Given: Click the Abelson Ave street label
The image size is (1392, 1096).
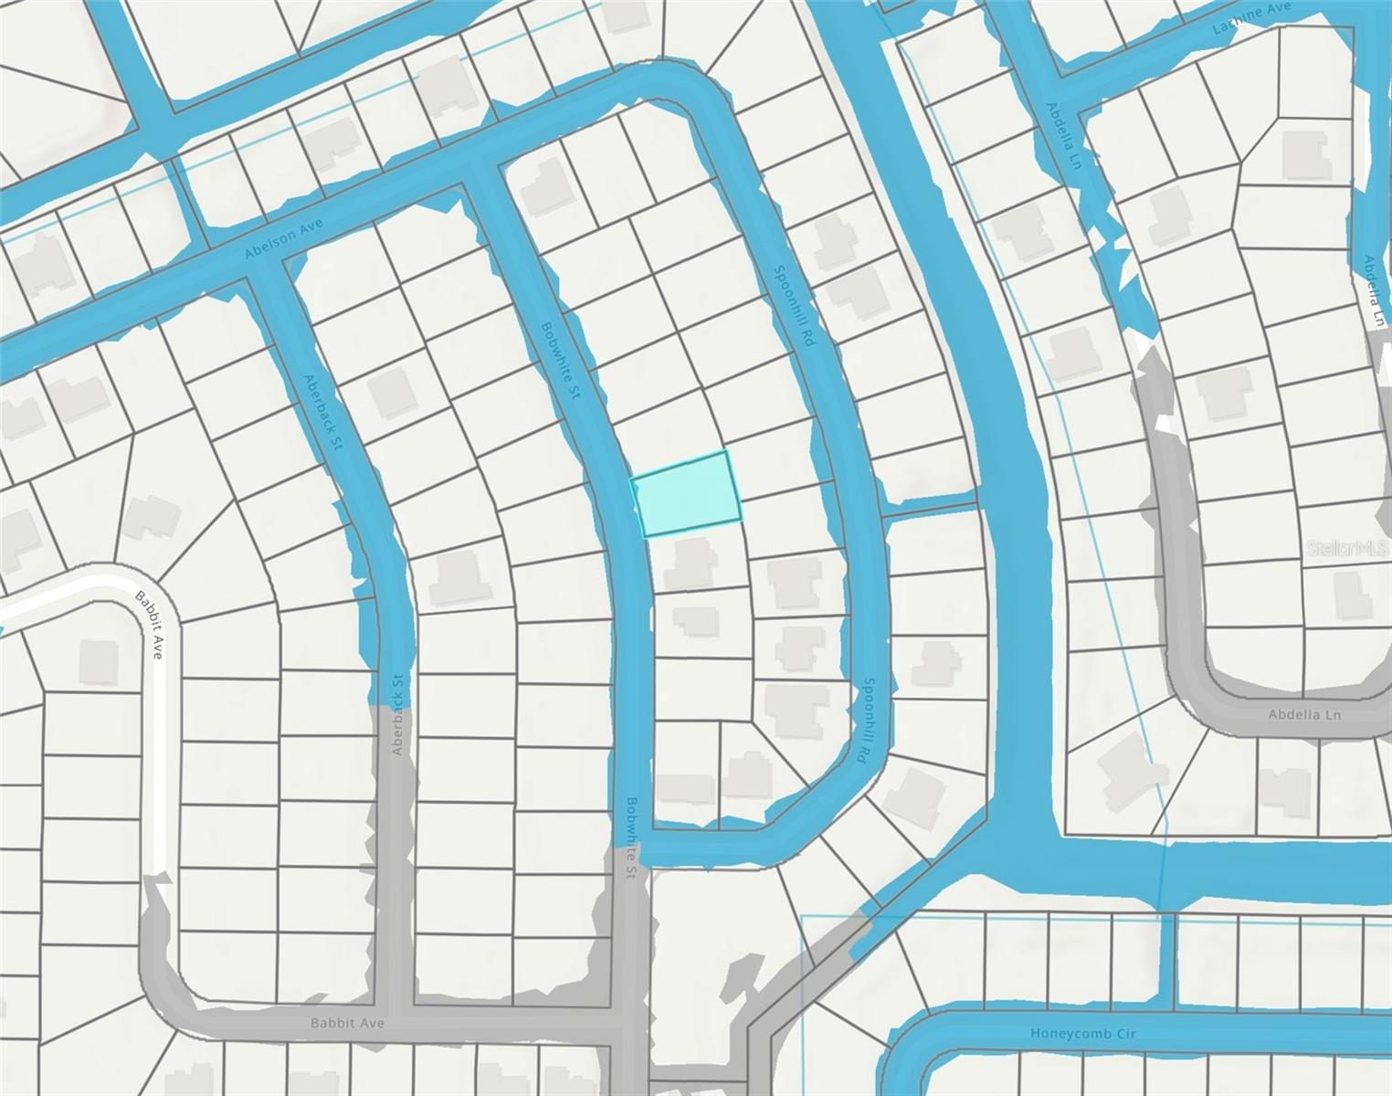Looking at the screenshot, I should tap(284, 238).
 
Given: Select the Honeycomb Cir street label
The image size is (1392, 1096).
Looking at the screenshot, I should tap(1082, 1034).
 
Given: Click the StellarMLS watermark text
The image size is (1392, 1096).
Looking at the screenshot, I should tap(1349, 548).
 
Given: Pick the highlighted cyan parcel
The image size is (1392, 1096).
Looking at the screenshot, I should tap(687, 493).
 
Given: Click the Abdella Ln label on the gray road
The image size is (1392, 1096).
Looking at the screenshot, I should tap(1304, 714).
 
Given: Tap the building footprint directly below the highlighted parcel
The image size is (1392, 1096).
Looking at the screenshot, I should tap(691, 563).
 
